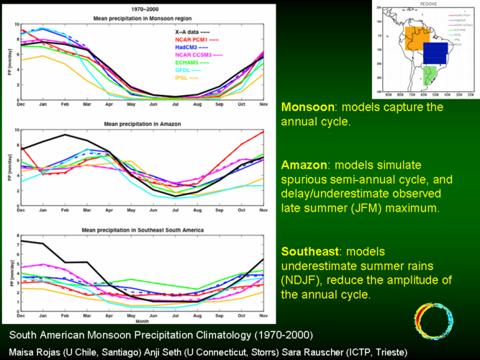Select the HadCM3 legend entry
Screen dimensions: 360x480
point(189,46)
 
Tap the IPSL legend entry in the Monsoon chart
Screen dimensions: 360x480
point(185,76)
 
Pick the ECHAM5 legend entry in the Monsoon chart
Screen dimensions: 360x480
point(189,61)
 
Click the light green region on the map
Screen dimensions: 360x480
point(432,74)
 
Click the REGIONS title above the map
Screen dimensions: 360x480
point(426,3)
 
